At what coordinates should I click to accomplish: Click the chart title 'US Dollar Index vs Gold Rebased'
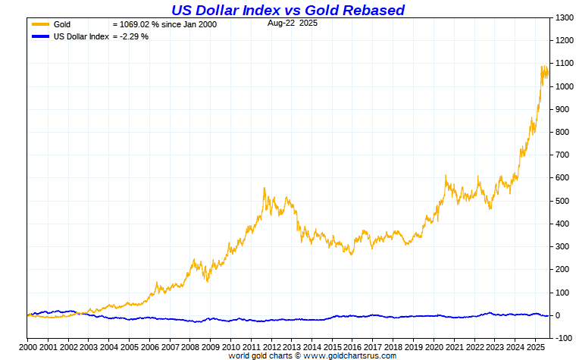pos(287,10)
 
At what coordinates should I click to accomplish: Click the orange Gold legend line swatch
pos(40,25)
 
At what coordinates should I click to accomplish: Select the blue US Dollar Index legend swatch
pos(40,36)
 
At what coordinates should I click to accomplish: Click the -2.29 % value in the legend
pos(135,36)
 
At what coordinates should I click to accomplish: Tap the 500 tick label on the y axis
pos(561,201)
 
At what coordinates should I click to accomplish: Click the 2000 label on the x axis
pos(27,347)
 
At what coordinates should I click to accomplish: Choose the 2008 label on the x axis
pos(189,347)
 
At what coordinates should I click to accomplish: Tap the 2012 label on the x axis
pos(271,347)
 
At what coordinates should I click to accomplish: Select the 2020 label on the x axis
pos(434,347)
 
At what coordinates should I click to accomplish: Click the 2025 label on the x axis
pos(534,347)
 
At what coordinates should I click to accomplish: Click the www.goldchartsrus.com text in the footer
pos(350,355)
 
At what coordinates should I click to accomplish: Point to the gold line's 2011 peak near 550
pos(264,188)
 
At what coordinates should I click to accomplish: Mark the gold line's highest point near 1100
pos(543,67)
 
